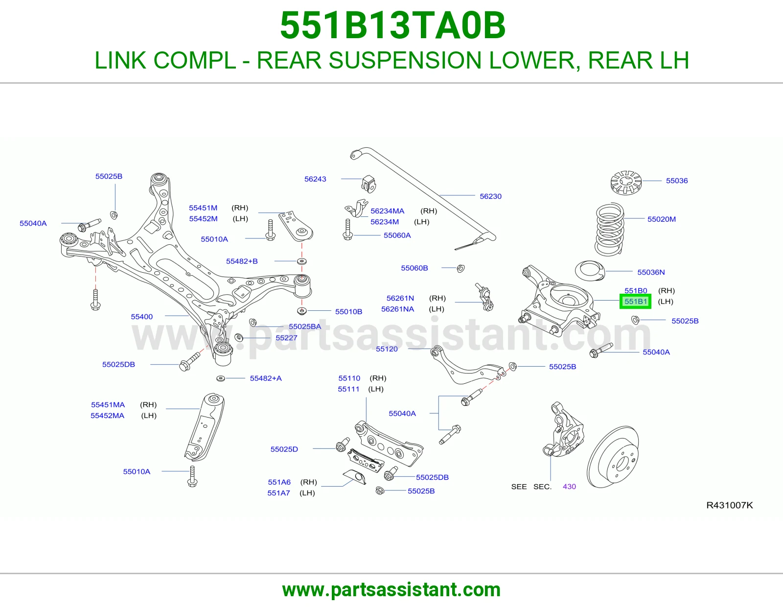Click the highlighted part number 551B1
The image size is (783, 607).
click(635, 302)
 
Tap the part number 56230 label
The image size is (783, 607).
click(490, 196)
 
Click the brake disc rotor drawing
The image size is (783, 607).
click(613, 457)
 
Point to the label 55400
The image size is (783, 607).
click(141, 317)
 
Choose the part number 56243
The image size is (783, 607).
click(315, 179)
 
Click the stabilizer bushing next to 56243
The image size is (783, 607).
click(368, 184)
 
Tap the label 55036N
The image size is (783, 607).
click(651, 272)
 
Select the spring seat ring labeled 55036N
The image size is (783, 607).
click(590, 270)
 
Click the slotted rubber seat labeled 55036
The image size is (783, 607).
click(626, 183)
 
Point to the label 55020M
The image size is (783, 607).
click(661, 219)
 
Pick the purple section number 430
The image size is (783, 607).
click(569, 487)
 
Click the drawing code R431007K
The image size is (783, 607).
click(729, 505)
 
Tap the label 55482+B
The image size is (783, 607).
click(242, 261)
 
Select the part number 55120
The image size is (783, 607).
click(387, 349)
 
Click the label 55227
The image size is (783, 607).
click(286, 338)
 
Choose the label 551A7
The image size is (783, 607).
click(278, 493)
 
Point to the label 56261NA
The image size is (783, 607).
click(397, 309)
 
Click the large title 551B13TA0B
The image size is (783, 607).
click(393, 25)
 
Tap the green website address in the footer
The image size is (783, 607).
click(391, 590)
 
